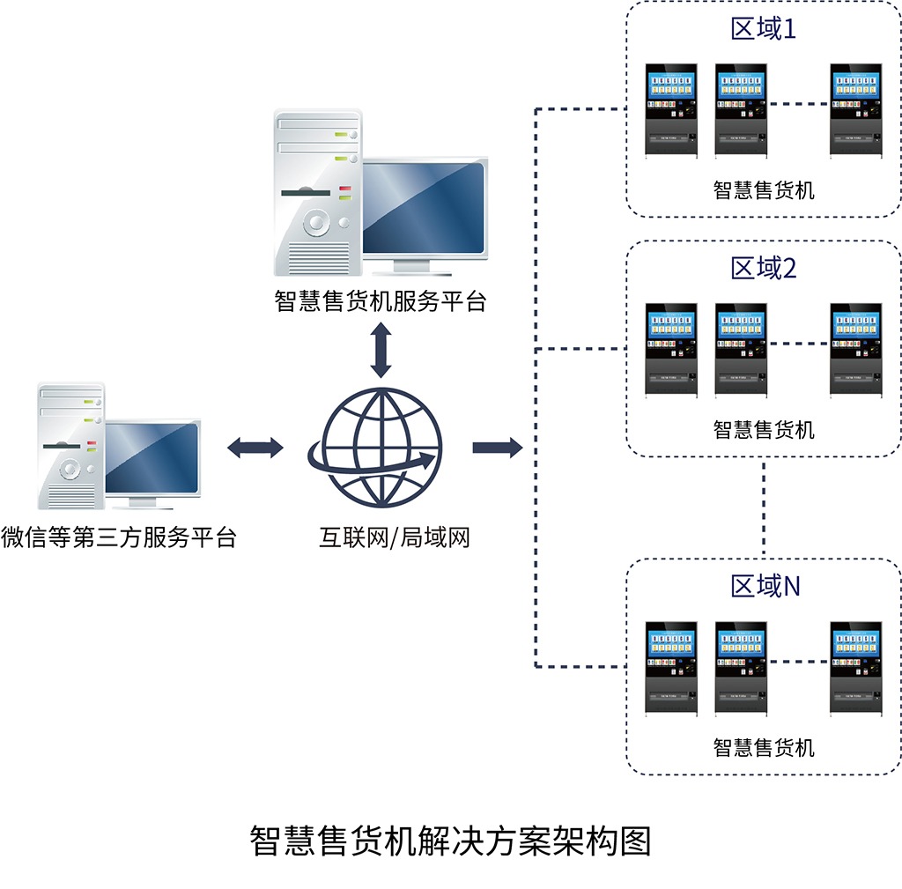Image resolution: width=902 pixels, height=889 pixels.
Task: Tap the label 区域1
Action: [763, 29]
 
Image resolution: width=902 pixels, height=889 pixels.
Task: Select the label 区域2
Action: [763, 268]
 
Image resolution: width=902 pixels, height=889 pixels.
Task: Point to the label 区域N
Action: [765, 586]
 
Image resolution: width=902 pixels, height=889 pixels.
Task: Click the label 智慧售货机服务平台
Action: [380, 301]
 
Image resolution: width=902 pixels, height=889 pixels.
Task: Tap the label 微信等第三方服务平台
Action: [119, 537]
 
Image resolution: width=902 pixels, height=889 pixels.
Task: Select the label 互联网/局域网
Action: [394, 537]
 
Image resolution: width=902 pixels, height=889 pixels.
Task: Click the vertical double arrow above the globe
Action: [381, 350]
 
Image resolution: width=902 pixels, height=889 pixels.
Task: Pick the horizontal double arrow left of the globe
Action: [255, 448]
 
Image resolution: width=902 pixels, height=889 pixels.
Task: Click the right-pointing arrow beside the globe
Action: [497, 448]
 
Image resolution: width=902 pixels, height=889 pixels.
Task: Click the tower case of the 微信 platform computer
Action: [70, 446]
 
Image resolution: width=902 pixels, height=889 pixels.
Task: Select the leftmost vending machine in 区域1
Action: [670, 109]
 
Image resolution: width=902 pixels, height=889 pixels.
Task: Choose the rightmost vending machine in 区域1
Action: [856, 109]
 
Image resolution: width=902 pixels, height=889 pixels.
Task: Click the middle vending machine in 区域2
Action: [740, 350]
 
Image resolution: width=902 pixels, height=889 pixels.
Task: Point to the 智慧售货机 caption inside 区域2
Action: [763, 429]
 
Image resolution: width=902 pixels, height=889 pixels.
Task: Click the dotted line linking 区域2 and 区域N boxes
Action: [764, 507]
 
